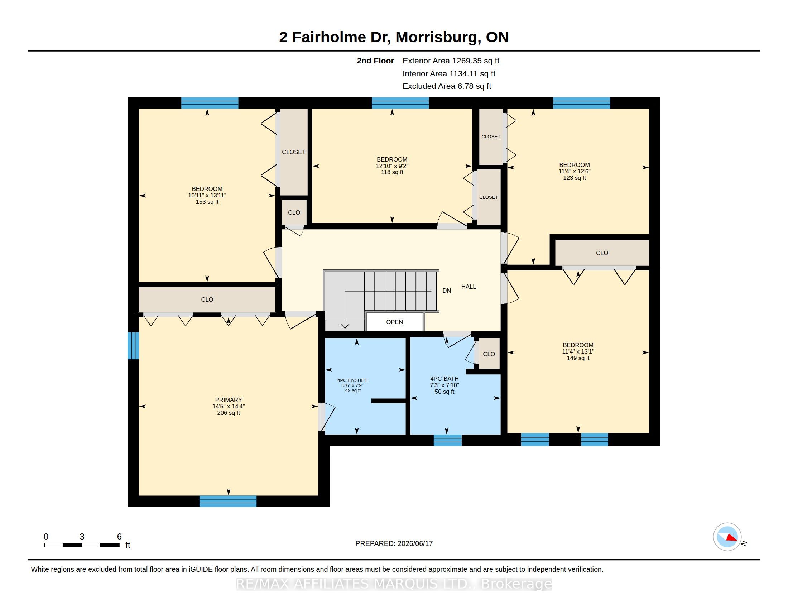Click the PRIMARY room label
click(229, 400)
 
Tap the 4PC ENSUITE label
click(353, 380)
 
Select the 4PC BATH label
click(445, 379)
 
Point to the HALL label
click(469, 287)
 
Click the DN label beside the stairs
click(447, 291)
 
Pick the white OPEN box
click(394, 322)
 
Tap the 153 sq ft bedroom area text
click(207, 202)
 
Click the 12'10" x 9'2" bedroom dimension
click(392, 166)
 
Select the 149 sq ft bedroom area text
click(578, 358)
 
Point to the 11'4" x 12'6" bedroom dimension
click(575, 171)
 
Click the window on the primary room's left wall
click(133, 346)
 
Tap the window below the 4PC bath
click(447, 440)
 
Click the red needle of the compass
click(732, 538)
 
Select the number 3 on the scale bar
click(82, 537)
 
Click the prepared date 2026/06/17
click(415, 543)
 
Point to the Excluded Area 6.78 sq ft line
click(447, 86)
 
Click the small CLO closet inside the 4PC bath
click(489, 354)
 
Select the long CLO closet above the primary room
click(207, 299)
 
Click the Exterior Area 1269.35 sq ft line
click(451, 61)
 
